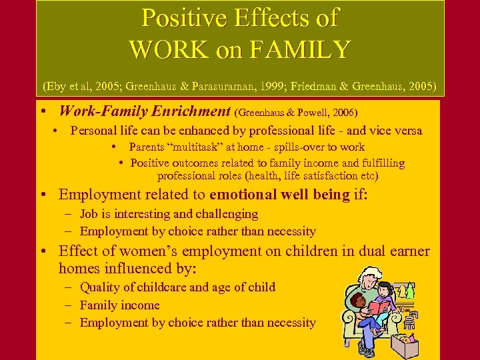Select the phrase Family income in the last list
pos(120,305)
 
